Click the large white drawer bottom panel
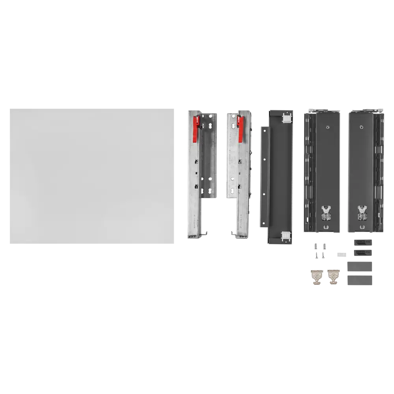(91, 176)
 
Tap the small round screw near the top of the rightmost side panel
(362, 127)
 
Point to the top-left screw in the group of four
(316, 246)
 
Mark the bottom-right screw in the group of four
(323, 255)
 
